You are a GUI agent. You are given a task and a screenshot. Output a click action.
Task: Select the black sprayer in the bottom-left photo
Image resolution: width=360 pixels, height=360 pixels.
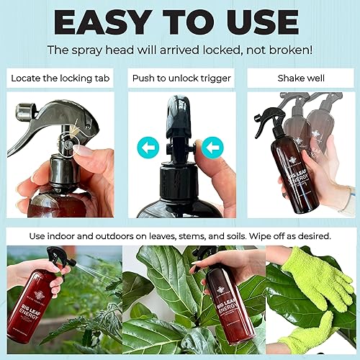pos(57,259)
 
